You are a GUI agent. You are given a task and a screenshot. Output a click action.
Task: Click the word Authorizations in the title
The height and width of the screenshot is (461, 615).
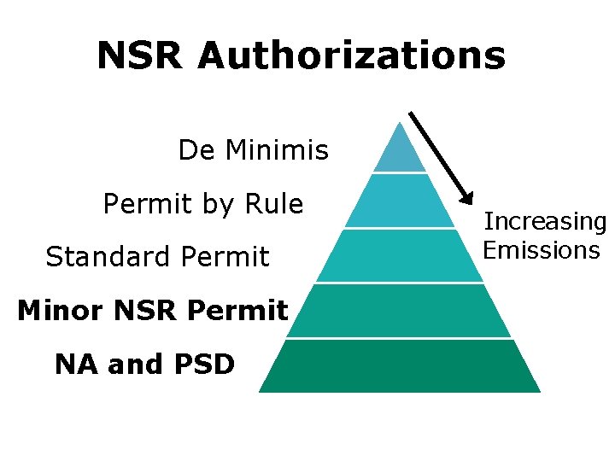tap(351, 56)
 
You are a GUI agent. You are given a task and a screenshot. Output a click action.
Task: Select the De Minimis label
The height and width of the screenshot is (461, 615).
tap(253, 151)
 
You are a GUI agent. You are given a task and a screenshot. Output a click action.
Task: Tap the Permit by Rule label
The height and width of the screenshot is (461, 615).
tap(202, 204)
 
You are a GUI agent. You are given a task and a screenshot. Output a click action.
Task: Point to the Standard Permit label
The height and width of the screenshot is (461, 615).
tap(157, 256)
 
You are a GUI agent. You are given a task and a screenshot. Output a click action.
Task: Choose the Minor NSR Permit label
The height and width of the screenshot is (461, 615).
tap(152, 311)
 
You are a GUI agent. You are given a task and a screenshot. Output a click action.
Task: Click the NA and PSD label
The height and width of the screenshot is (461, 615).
tap(144, 365)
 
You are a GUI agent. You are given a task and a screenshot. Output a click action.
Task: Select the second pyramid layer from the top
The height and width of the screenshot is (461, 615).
tap(400, 201)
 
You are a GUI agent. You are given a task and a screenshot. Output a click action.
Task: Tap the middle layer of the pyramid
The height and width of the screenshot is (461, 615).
tap(400, 256)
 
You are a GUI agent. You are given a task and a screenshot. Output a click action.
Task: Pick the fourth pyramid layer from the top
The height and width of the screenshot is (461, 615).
tap(400, 311)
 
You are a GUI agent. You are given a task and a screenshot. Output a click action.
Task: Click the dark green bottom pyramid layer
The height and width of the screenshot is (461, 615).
tap(400, 366)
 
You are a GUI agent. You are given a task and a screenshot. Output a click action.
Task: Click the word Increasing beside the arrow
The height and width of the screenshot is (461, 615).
tap(545, 222)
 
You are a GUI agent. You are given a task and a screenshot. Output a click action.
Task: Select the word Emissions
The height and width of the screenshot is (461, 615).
tap(542, 250)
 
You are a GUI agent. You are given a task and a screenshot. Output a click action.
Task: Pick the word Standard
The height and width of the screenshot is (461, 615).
tap(97, 256)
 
